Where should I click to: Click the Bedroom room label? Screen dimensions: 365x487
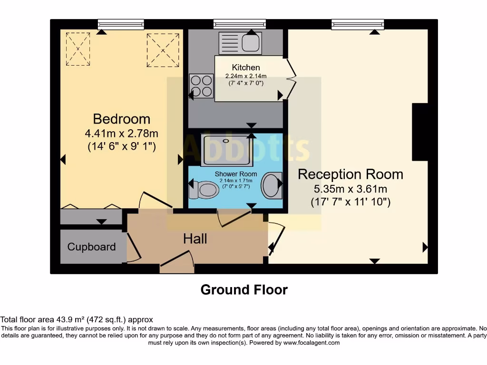[121, 119]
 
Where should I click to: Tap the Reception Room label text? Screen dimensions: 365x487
[351, 174]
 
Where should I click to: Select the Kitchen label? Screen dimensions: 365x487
[246, 67]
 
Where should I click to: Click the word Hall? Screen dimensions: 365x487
[195, 239]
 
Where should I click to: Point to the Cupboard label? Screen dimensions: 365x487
[91, 247]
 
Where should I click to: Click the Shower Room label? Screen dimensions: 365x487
[235, 174]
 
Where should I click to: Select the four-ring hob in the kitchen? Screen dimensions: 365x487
[201, 86]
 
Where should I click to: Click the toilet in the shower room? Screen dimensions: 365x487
[202, 190]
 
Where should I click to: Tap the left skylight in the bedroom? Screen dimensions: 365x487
[78, 48]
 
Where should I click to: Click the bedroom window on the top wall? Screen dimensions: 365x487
[121, 24]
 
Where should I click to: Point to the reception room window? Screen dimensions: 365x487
[358, 24]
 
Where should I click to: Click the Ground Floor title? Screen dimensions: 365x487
[244, 289]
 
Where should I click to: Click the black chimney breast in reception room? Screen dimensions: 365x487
[420, 132]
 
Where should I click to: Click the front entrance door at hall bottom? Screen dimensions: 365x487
[177, 264]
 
